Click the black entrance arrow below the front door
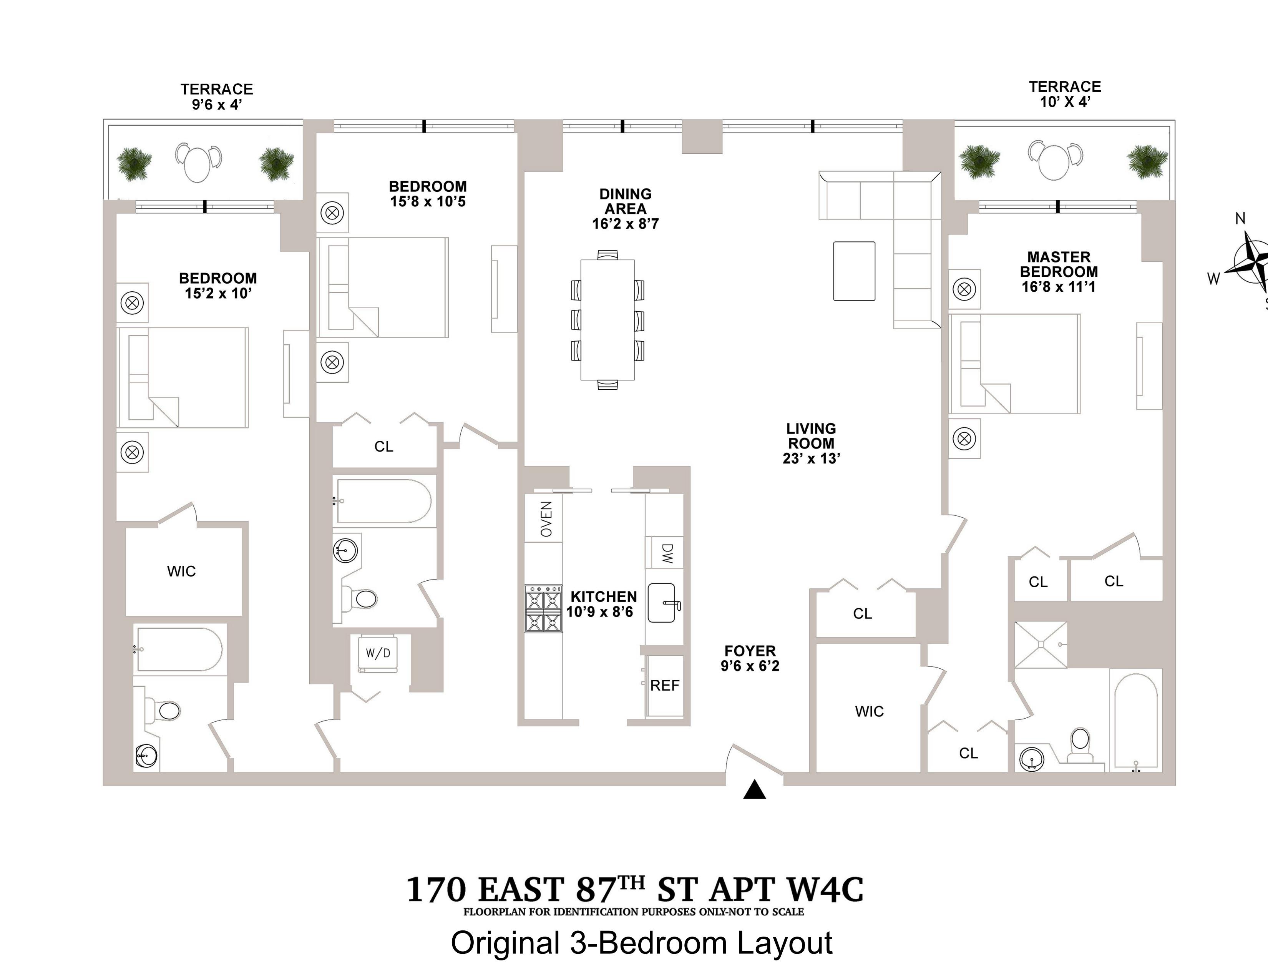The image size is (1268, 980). click(754, 790)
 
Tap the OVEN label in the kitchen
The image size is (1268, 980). click(546, 519)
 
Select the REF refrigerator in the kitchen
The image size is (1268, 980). click(664, 686)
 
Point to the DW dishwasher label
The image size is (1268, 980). click(667, 553)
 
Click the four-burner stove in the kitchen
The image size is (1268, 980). click(543, 608)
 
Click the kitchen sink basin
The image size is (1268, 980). click(662, 603)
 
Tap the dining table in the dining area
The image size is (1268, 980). click(607, 319)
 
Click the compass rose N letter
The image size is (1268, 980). click(1240, 218)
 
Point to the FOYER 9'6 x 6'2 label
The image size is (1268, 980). click(750, 658)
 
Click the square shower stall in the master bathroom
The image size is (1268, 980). click(1041, 645)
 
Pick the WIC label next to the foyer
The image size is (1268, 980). click(869, 711)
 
